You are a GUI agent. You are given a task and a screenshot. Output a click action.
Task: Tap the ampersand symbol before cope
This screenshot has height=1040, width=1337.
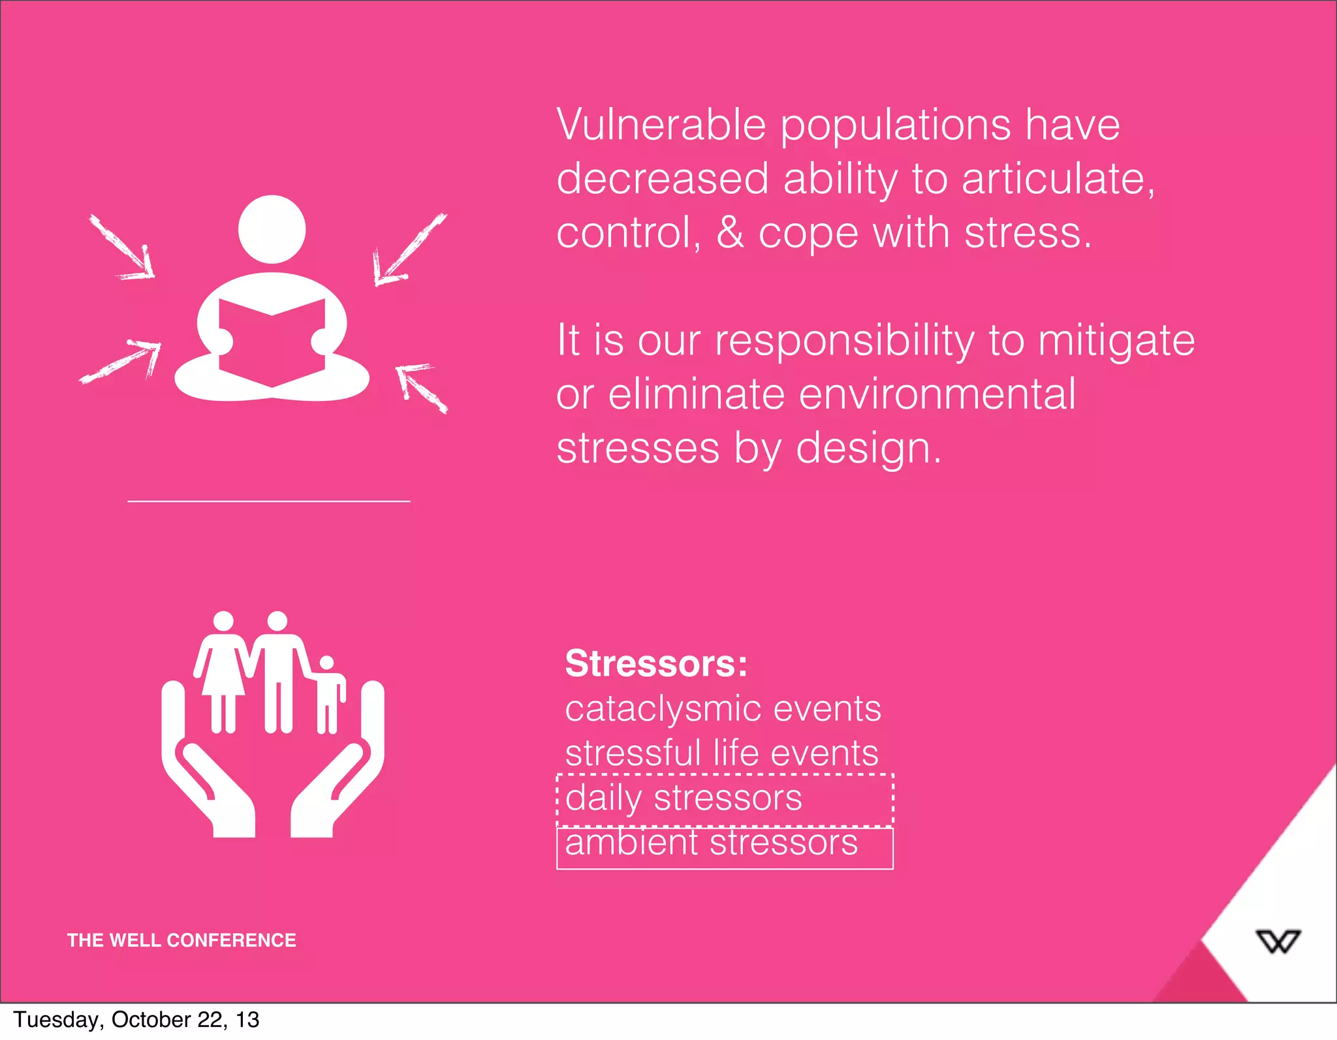730,232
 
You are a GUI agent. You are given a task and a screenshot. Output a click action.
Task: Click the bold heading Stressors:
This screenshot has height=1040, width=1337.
656,663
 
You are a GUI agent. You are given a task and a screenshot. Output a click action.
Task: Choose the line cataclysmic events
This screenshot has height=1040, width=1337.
723,708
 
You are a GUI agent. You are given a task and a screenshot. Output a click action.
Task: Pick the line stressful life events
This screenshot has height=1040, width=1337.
721,753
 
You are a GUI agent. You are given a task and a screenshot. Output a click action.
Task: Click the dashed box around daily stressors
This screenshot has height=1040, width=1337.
725,799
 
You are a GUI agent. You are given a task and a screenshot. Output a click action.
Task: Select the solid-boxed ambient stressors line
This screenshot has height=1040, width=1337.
725,846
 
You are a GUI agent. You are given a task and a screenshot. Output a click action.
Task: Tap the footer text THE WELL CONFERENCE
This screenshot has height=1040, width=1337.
181,940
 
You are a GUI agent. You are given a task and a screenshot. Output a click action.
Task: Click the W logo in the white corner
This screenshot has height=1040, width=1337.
1278,941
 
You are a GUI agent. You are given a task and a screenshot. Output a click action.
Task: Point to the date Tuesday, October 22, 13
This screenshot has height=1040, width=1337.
136,1020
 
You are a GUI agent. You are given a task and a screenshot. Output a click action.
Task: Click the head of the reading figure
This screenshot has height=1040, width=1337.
272,229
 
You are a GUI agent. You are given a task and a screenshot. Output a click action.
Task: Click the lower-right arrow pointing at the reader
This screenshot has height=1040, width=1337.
422,388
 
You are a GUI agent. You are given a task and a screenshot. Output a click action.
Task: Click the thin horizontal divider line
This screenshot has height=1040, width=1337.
269,501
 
